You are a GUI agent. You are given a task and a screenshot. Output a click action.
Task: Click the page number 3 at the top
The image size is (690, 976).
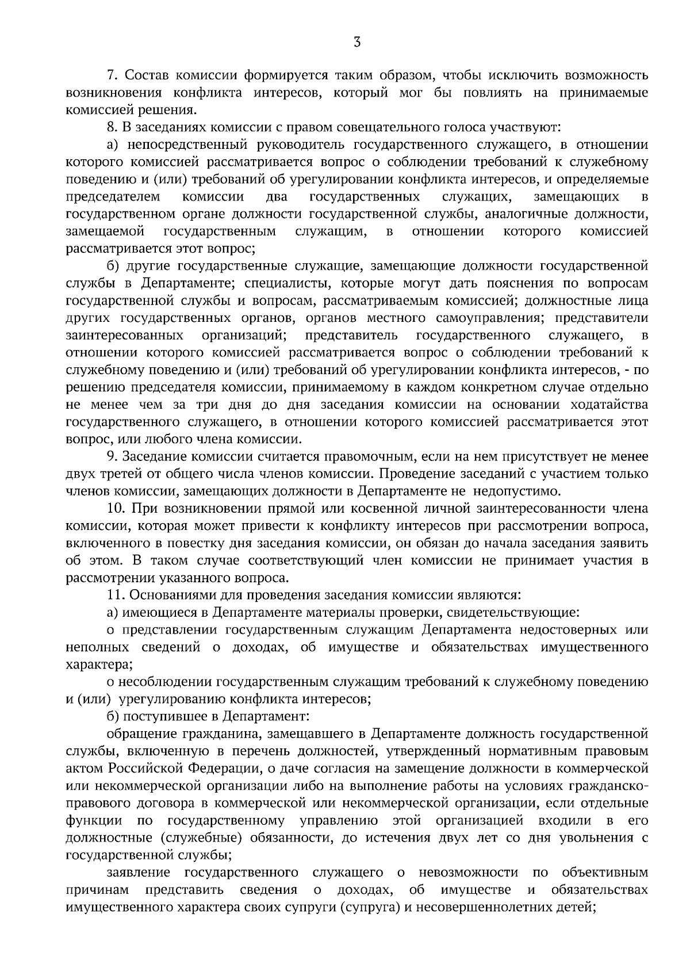click(x=357, y=41)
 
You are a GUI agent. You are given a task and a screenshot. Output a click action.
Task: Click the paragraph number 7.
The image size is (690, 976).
click(x=112, y=75)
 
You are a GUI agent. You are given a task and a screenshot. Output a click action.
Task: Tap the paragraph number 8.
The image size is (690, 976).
click(x=112, y=128)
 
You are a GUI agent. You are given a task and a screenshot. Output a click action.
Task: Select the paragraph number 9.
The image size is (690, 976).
click(x=112, y=457)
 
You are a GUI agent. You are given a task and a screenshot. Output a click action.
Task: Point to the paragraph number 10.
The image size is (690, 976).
click(x=116, y=509)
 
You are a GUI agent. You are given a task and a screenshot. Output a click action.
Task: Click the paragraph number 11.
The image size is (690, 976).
click(x=116, y=595)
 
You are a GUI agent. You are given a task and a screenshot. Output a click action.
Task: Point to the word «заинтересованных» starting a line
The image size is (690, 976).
click(x=125, y=335)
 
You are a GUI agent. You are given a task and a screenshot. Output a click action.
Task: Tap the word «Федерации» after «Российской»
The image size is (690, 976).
click(x=215, y=768)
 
